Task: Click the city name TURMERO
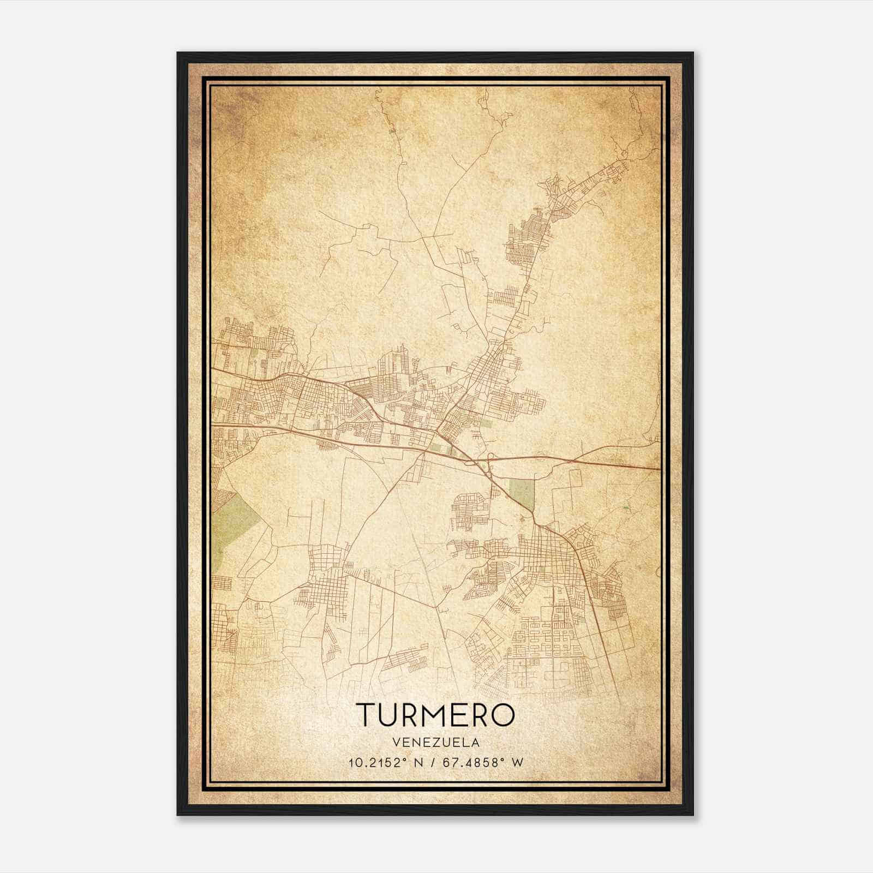point(435,714)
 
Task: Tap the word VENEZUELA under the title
point(435,742)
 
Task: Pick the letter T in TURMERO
point(366,714)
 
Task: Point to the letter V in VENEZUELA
point(396,742)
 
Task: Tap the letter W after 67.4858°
point(517,762)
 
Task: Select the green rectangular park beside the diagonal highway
point(522,492)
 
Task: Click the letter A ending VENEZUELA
point(476,742)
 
